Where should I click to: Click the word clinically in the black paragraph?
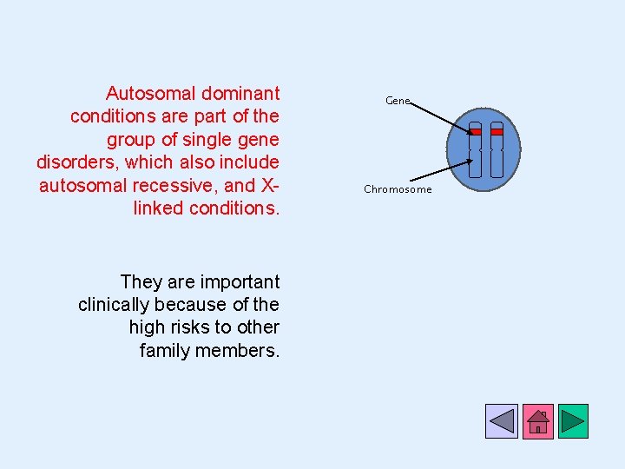[x=112, y=305]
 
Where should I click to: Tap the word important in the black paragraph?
[x=240, y=281]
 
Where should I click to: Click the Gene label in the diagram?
[x=397, y=101]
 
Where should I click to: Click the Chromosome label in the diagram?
[x=398, y=189]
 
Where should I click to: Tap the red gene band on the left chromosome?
[x=475, y=132]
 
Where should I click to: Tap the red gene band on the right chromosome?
[x=497, y=132]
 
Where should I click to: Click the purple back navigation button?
[x=502, y=420]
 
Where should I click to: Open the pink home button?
[x=537, y=420]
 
